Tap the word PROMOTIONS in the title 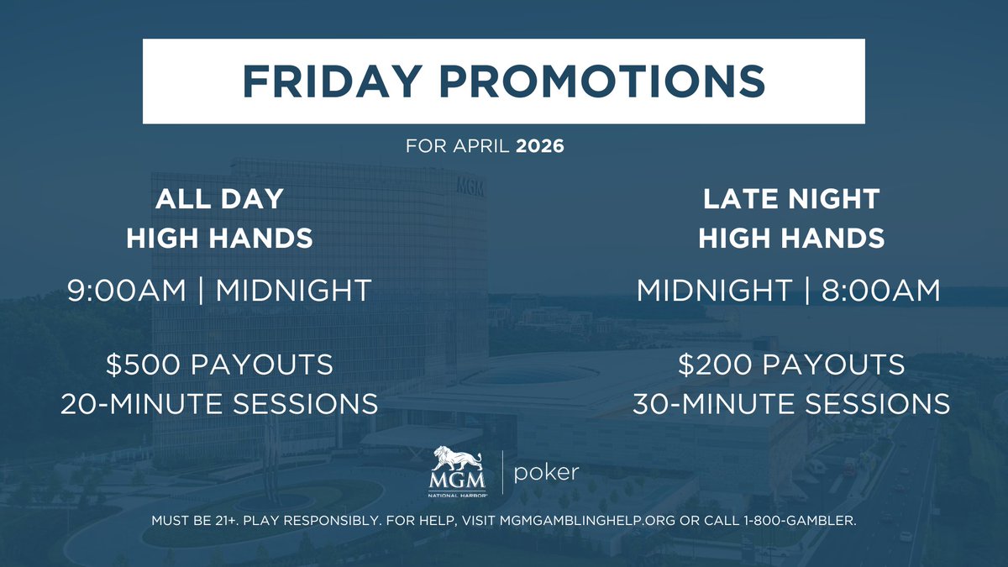pyautogui.click(x=603, y=81)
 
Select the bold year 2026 pyautogui.click(x=540, y=146)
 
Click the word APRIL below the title pyautogui.click(x=482, y=146)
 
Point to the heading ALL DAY pyautogui.click(x=219, y=199)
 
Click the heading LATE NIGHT pyautogui.click(x=791, y=199)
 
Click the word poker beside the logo pyautogui.click(x=547, y=472)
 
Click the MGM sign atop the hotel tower pyautogui.click(x=470, y=186)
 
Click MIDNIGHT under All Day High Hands pyautogui.click(x=293, y=291)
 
